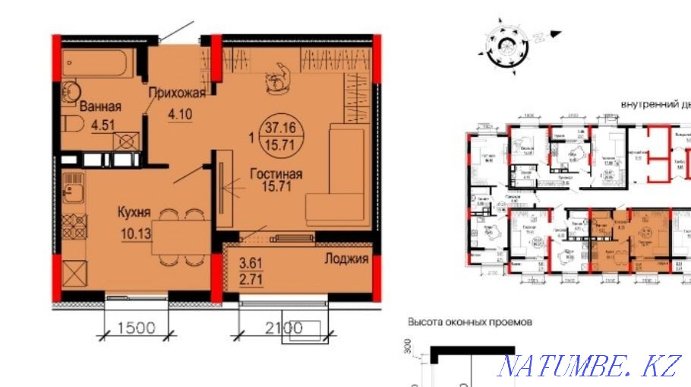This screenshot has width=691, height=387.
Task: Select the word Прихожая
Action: (177, 94)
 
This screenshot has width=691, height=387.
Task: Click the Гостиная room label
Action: (276, 174)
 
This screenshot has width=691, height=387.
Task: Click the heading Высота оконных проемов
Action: (469, 322)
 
